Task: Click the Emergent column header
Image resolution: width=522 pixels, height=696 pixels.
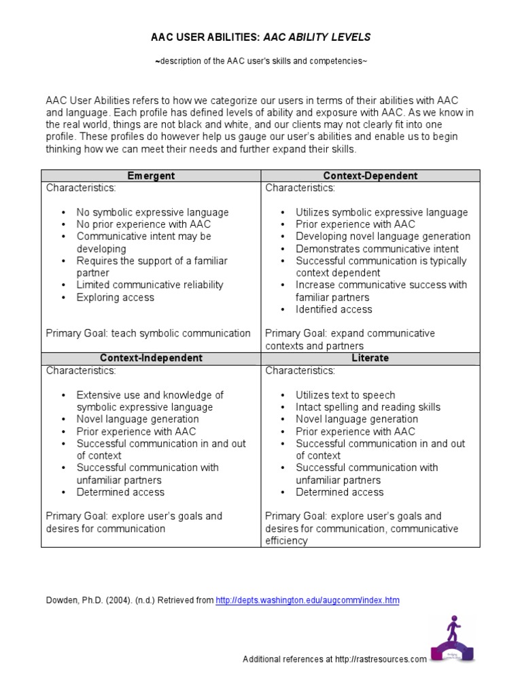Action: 151,175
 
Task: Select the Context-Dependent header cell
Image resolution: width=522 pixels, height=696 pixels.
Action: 370,175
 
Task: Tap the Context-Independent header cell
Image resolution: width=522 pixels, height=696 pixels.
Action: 151,358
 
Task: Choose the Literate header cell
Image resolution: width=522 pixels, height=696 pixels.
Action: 370,358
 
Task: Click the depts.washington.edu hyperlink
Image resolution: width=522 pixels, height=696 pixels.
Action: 307,600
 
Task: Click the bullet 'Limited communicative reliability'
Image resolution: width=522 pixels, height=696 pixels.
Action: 150,285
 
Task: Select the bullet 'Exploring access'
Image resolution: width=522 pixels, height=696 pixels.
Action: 115,297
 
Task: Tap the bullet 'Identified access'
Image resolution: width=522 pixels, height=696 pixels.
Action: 334,309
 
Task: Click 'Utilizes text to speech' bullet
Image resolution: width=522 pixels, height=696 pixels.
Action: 345,395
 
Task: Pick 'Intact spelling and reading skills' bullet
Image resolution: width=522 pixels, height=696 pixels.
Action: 368,407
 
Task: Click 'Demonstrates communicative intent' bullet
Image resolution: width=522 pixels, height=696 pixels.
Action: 377,249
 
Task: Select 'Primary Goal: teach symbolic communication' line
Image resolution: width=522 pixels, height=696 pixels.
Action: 148,333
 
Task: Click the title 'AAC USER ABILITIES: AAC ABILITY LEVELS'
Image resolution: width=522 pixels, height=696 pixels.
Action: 260,37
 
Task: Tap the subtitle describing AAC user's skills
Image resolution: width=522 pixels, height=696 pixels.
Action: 261,62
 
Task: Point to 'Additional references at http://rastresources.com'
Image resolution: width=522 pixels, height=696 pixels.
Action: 334,659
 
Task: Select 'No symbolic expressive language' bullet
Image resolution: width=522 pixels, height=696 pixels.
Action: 152,212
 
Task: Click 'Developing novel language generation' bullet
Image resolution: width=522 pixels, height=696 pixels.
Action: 383,237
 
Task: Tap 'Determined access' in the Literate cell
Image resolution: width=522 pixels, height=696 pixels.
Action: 339,492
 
